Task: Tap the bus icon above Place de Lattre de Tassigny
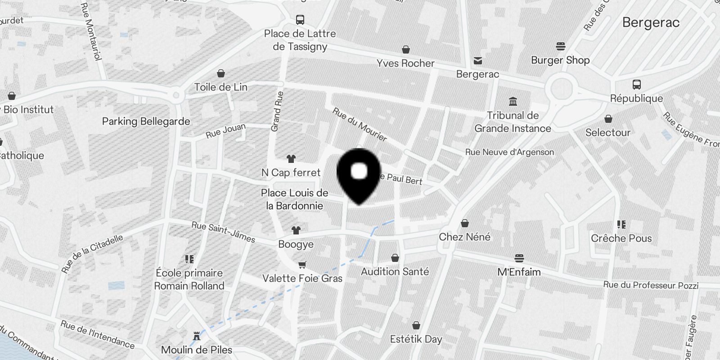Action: coord(300,20)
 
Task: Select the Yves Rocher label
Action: coord(405,63)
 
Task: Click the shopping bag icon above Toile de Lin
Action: coord(221,73)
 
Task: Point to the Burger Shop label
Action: coord(560,60)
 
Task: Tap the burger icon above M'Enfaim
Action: coord(519,258)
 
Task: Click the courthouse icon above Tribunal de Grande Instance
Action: coord(513,101)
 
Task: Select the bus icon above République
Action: coord(637,85)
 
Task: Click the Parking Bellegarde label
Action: coord(146,121)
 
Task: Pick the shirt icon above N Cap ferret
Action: coord(291,159)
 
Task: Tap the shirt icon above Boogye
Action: coord(296,230)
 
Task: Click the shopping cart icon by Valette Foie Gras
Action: coord(302,265)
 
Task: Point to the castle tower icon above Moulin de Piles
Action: coord(197,336)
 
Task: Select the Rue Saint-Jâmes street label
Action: coord(223,232)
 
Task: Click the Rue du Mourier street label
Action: coord(360,125)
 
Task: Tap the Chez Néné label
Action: coord(464,237)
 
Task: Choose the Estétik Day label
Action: coord(416,339)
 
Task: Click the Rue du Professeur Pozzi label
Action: coord(651,285)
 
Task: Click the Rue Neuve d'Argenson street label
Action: coord(509,152)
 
